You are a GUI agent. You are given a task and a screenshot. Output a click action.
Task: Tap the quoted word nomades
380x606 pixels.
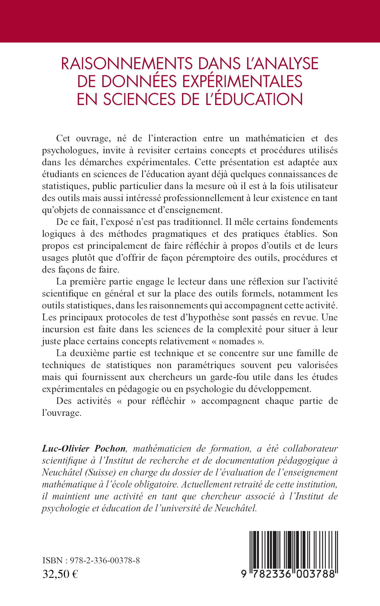(233, 341)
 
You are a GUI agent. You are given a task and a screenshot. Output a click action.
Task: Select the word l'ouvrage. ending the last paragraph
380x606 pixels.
(62, 413)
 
